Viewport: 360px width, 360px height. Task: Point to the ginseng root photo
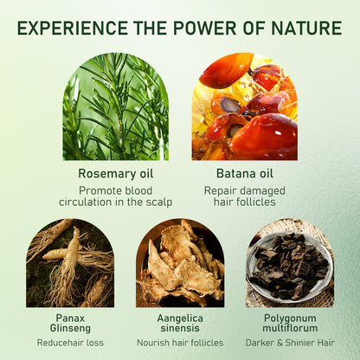coord(70,263)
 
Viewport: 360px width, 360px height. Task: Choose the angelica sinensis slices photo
coord(180,263)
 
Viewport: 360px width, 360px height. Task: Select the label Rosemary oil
coord(115,172)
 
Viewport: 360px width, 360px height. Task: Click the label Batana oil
coord(244,172)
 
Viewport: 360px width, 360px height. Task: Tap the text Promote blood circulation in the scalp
coord(115,196)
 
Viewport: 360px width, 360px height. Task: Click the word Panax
coord(70,318)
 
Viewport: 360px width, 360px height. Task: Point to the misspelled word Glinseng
coord(70,329)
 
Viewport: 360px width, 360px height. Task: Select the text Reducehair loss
coord(70,344)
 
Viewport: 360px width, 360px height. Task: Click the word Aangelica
coord(180,318)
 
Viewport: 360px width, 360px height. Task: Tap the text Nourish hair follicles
coord(180,344)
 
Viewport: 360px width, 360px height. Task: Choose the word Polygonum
coord(289,318)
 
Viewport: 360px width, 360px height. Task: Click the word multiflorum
coord(289,329)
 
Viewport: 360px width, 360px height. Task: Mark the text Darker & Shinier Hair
coord(289,344)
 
